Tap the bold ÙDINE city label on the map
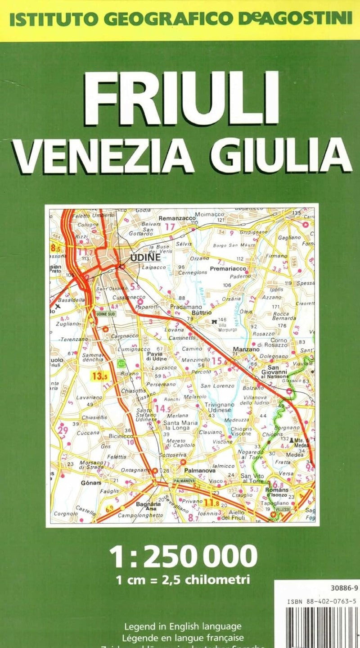tap(145, 258)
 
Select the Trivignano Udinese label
tap(218, 407)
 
